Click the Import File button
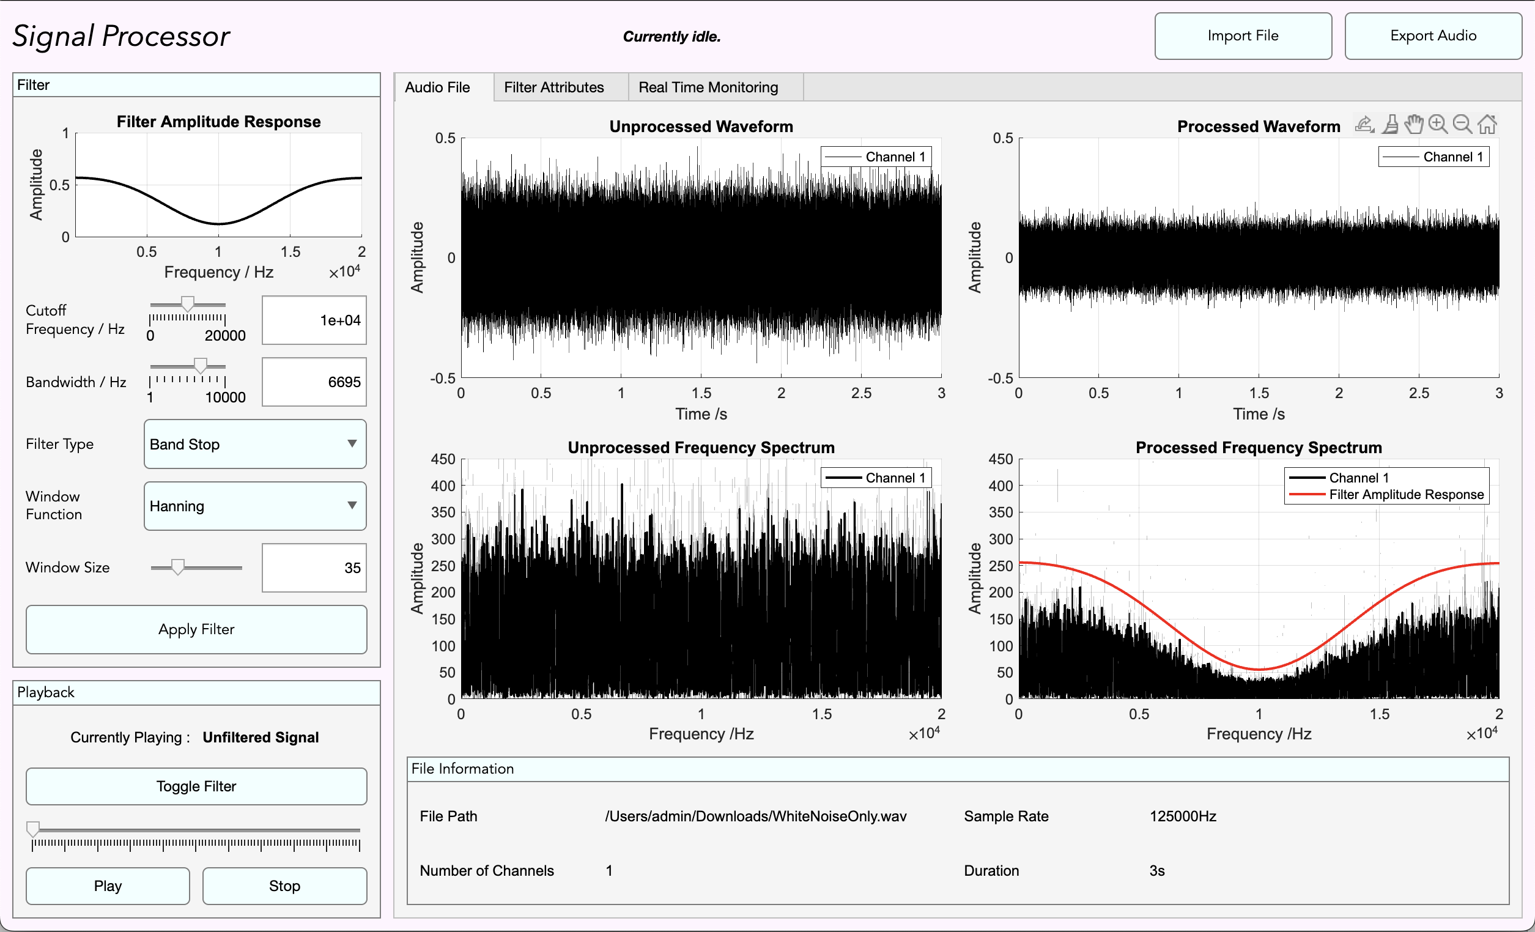1243,36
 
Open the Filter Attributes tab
554,87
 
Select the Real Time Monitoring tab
708,87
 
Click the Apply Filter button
196,629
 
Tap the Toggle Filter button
196,786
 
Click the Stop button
285,886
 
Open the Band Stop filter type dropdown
255,444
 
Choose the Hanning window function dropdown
255,506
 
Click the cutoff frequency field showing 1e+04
314,320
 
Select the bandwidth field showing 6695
314,382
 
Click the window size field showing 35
314,568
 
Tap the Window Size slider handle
178,567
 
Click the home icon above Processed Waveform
1487,125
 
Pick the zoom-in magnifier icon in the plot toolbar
1438,125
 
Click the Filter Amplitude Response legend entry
1406,495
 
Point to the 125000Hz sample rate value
1182,816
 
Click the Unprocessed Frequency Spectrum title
701,448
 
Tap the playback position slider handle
33,829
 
